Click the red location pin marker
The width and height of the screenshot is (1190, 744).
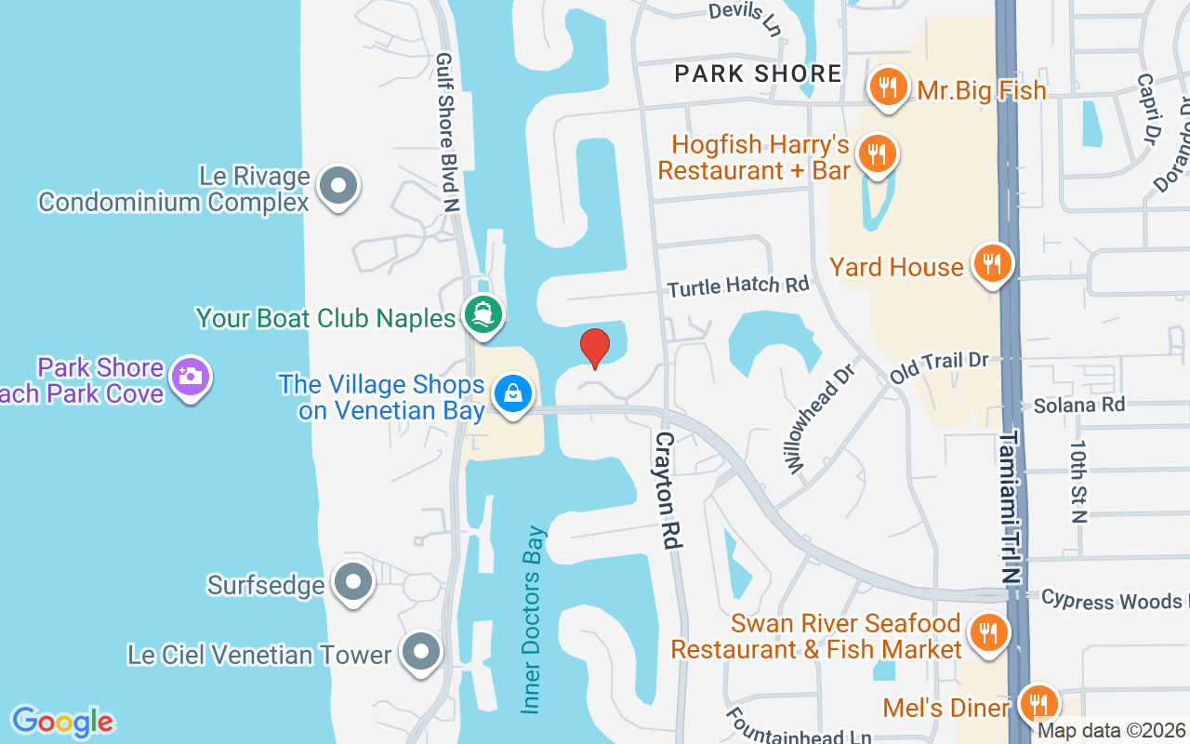tap(595, 349)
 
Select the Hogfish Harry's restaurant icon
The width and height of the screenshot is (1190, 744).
tap(876, 153)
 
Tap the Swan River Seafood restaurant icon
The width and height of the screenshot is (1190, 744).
tap(987, 632)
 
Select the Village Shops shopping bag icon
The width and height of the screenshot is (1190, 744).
tap(512, 393)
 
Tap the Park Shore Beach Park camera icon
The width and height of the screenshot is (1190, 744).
tap(192, 376)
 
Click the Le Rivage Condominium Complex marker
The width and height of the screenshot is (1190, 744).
tap(338, 186)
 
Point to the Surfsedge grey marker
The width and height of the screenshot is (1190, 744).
tap(353, 582)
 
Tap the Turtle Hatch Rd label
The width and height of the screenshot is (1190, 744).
tap(738, 286)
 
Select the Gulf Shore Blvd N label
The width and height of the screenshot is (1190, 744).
tap(448, 130)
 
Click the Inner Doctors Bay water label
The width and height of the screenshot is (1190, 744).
tap(533, 620)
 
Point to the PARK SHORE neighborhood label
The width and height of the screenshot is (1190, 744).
tap(758, 73)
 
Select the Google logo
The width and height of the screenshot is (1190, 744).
tap(62, 721)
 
